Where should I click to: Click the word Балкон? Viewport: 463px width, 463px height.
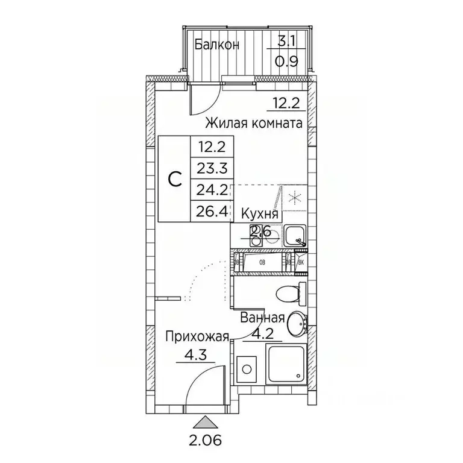point(217,44)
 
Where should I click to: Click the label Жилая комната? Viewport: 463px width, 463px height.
point(253,124)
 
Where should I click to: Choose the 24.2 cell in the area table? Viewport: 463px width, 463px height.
point(212,191)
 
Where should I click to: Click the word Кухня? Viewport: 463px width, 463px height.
point(260,213)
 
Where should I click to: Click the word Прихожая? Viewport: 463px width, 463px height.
point(198,338)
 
